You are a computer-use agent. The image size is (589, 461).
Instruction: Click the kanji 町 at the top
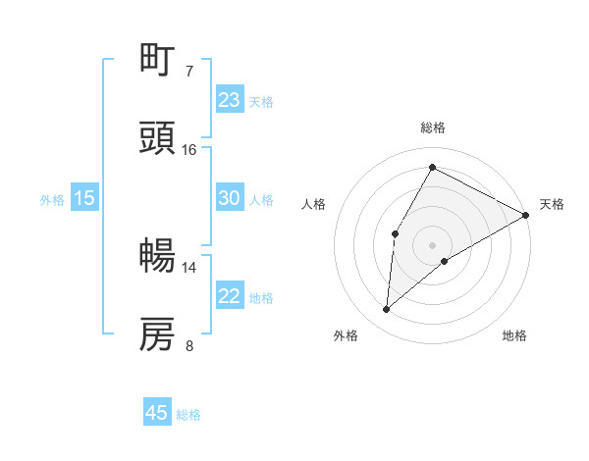(x=158, y=61)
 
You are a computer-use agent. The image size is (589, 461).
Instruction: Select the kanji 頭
(x=158, y=137)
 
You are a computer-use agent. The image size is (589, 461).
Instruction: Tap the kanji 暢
(x=158, y=256)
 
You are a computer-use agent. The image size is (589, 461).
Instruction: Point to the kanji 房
(x=158, y=334)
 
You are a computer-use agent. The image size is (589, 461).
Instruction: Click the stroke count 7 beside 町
(x=189, y=72)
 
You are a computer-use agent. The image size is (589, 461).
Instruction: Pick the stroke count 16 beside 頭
(x=189, y=149)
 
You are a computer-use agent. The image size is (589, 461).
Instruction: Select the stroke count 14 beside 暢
(x=189, y=267)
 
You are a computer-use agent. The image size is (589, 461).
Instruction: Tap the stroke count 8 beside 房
(x=189, y=345)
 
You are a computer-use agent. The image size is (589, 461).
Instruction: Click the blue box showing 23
(x=230, y=100)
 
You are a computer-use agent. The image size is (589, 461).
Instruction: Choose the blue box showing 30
(x=230, y=198)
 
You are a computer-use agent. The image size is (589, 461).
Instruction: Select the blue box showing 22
(x=230, y=296)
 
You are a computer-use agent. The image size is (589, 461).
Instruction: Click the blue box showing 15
(x=84, y=198)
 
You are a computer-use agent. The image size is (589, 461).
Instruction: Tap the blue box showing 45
(x=157, y=413)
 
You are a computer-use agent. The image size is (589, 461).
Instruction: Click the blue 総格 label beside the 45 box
(x=188, y=415)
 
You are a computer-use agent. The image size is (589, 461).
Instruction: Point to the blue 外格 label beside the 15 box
(x=52, y=200)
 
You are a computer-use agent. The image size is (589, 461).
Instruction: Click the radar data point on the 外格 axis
(x=387, y=310)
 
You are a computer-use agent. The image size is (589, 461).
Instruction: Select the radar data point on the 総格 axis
(x=432, y=167)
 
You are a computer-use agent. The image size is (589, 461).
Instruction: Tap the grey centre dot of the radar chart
(x=432, y=244)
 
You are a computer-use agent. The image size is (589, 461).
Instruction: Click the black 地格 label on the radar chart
(x=514, y=335)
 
